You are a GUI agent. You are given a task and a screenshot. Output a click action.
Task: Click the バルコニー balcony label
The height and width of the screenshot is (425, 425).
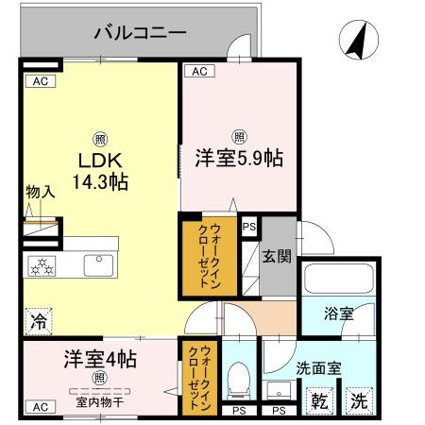140,34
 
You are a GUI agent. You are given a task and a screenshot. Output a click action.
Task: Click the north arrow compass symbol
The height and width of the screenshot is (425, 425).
357,42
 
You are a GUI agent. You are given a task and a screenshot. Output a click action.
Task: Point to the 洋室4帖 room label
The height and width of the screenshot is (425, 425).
100,359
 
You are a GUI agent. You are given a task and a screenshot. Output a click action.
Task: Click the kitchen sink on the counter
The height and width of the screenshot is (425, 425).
98,265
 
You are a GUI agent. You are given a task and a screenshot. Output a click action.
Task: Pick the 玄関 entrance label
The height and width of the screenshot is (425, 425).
277,255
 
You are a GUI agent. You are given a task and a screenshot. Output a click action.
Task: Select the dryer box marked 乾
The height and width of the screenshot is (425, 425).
321,399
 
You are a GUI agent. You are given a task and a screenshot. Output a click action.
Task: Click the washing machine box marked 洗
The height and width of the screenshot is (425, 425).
359,399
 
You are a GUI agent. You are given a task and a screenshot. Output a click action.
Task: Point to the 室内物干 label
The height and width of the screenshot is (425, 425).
98,402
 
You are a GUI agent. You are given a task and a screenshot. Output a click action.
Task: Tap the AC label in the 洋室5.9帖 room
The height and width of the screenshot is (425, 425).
198,71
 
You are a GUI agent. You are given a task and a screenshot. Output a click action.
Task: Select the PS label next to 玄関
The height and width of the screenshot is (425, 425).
249,227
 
